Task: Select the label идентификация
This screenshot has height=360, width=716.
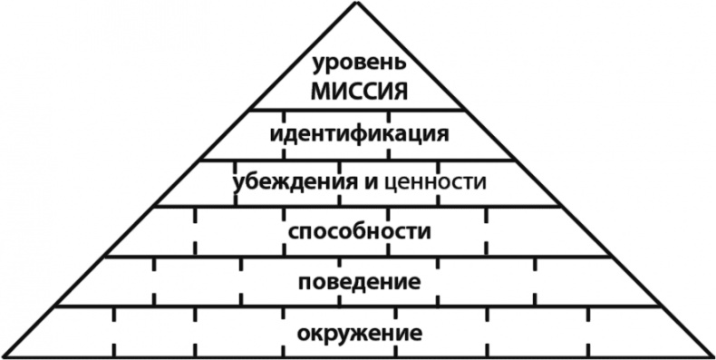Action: click(x=360, y=136)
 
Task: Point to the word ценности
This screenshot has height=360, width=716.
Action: click(x=436, y=182)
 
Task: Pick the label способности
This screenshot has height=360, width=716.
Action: click(x=359, y=232)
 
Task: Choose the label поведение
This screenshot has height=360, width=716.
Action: click(x=359, y=282)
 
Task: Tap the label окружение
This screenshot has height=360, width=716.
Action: click(x=359, y=332)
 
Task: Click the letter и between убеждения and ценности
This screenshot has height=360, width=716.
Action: click(x=371, y=182)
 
